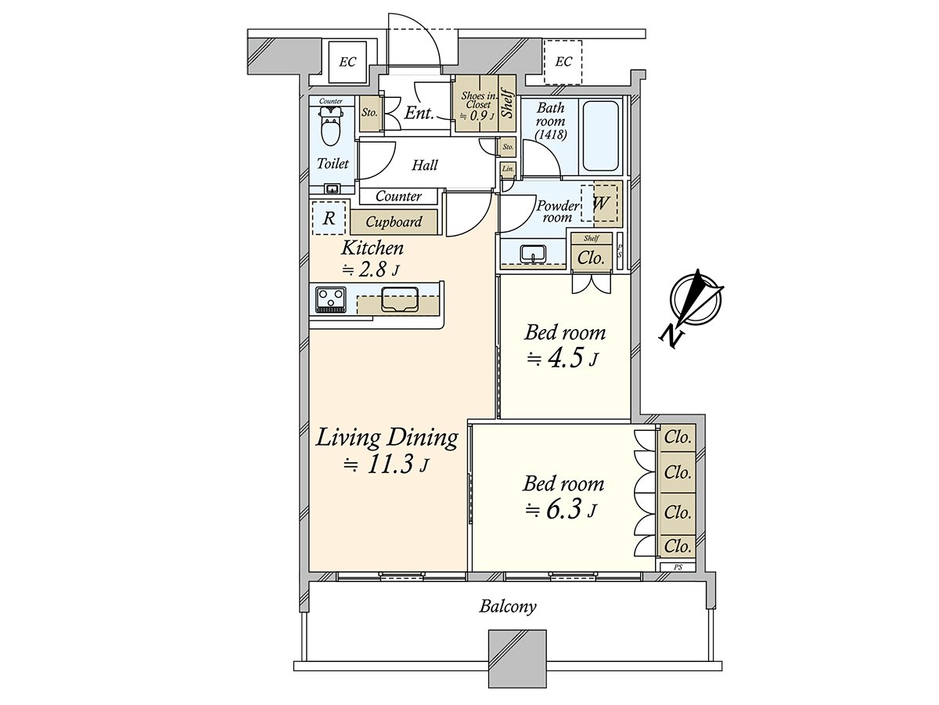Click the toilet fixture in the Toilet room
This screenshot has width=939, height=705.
331,126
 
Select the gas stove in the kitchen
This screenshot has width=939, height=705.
331,299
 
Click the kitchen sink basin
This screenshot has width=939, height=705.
400,299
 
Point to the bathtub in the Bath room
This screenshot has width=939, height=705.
601,137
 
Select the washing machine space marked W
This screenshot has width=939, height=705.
601,203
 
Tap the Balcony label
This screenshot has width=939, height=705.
508,606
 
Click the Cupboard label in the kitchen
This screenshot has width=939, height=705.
394,222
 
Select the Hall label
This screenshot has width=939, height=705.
425,165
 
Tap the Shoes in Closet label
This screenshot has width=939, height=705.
475,99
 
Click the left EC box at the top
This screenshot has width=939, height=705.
347,62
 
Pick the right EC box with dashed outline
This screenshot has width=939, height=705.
563,62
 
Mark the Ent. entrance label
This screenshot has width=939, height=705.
419,114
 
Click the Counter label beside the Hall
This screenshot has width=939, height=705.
398,197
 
